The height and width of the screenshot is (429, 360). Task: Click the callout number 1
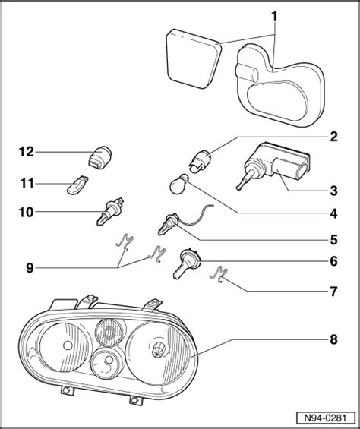tap(274, 16)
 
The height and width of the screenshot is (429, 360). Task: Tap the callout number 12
tap(27, 152)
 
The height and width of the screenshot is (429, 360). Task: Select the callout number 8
tap(333, 339)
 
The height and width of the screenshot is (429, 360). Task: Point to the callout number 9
tap(30, 268)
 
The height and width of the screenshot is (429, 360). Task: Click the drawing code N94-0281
tap(326, 418)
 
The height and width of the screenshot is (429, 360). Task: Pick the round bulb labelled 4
tap(178, 185)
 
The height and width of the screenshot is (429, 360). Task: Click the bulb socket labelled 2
tap(200, 162)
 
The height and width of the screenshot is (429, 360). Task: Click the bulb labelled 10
tap(110, 211)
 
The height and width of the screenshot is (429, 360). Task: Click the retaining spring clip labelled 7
tap(219, 274)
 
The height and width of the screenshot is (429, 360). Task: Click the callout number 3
tap(333, 191)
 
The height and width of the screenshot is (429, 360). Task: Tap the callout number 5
tap(333, 240)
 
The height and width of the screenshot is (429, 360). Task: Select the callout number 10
tap(27, 212)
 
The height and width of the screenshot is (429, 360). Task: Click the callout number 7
tap(333, 292)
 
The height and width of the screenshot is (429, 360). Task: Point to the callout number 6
tap(333, 261)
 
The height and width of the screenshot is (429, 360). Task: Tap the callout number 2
tap(333, 137)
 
